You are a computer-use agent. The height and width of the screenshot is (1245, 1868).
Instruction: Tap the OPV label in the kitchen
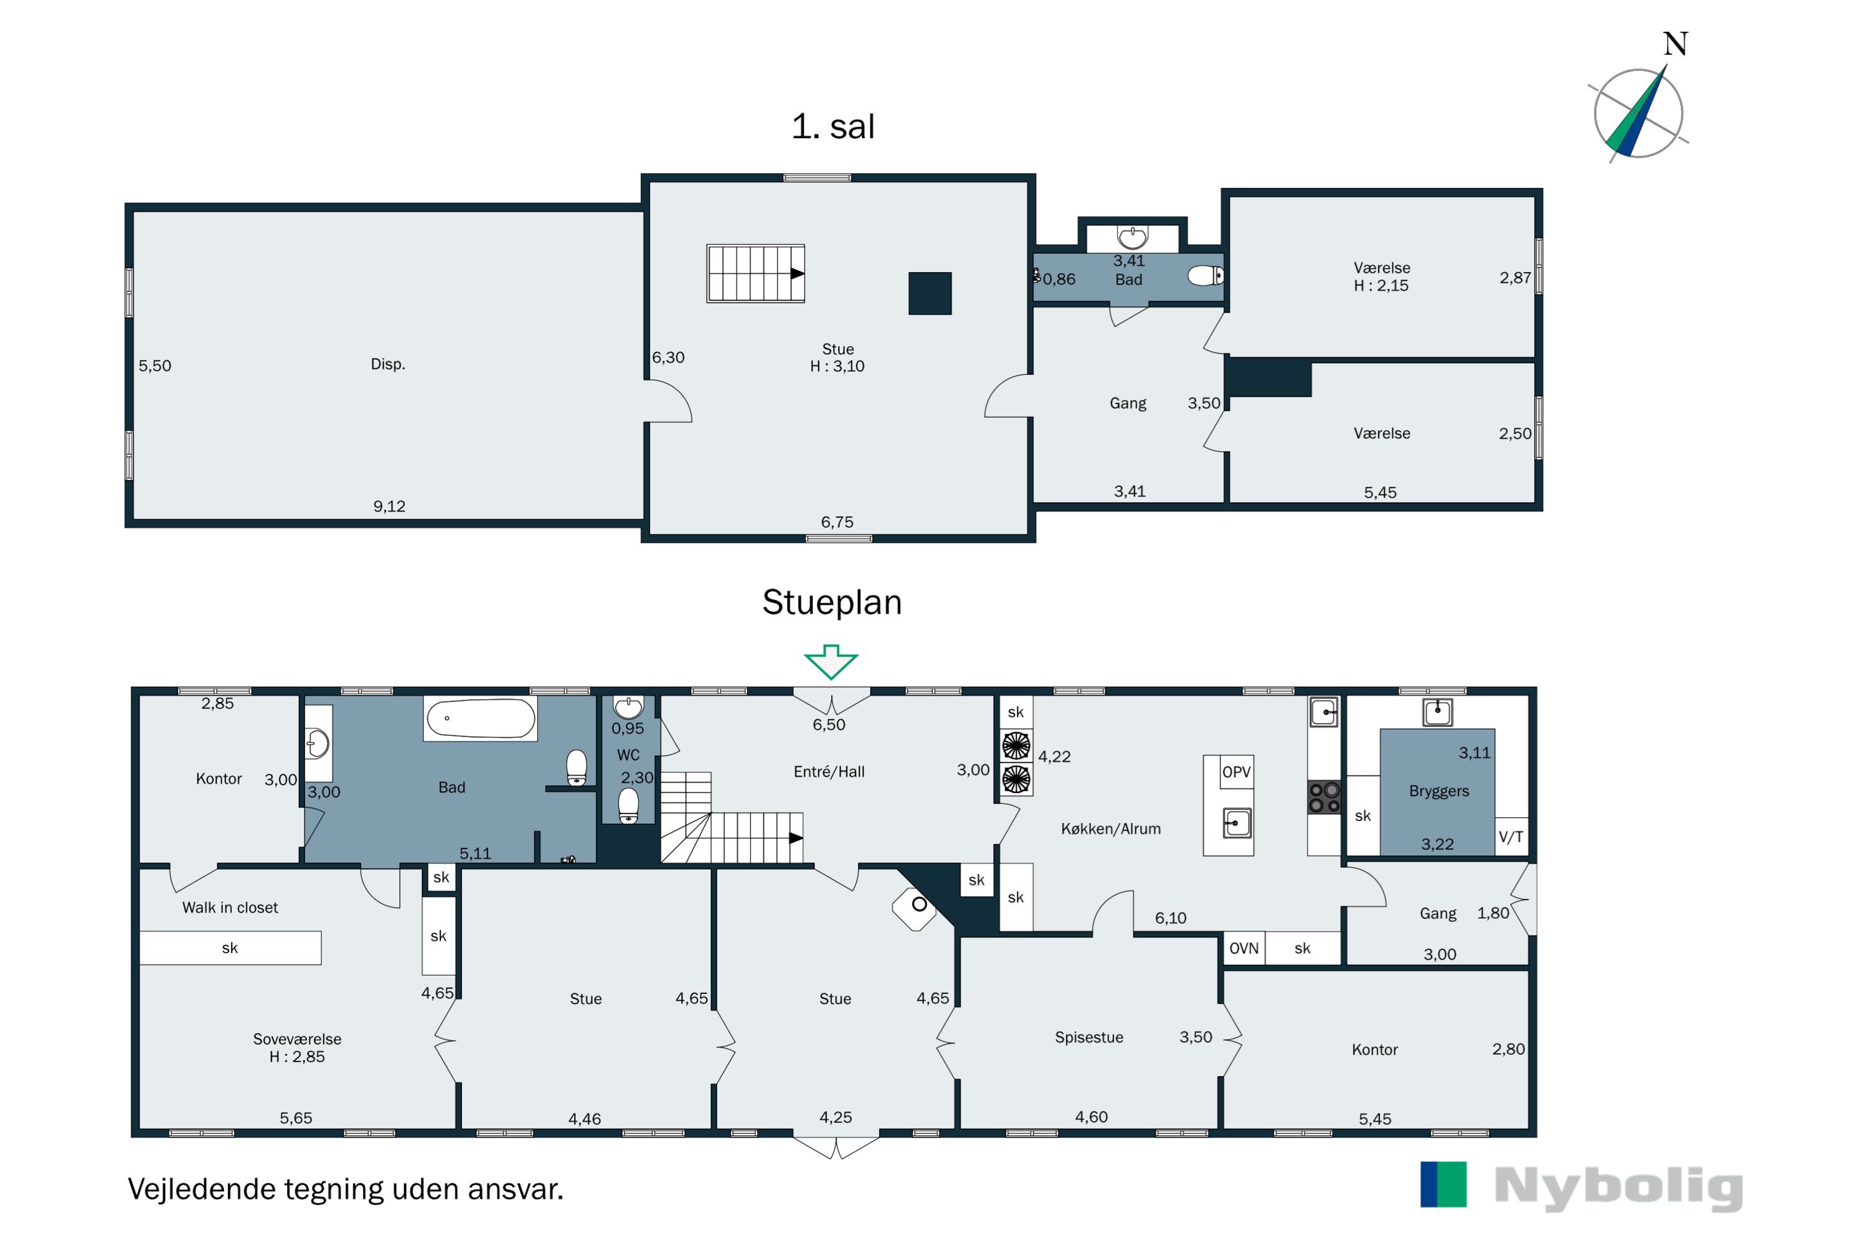pos(1236,772)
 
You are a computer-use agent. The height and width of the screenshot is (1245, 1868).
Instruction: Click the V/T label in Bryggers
pos(1511,837)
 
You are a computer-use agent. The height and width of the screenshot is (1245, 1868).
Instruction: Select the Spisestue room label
pos(1089,1037)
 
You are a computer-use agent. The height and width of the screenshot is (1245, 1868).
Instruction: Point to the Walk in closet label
pos(230,908)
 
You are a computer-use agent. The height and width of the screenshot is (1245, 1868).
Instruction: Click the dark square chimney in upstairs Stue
pos(930,294)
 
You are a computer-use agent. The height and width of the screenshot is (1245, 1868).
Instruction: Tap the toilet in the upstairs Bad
pos(1205,276)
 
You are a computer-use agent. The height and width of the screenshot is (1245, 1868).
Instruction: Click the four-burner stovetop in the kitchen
pos(1324,798)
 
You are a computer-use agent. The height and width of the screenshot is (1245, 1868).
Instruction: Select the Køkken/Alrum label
pos(1110,829)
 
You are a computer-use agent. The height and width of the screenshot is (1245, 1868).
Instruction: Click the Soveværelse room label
pos(297,1040)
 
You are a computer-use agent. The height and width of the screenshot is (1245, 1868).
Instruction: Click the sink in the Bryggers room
pos(1438,712)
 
